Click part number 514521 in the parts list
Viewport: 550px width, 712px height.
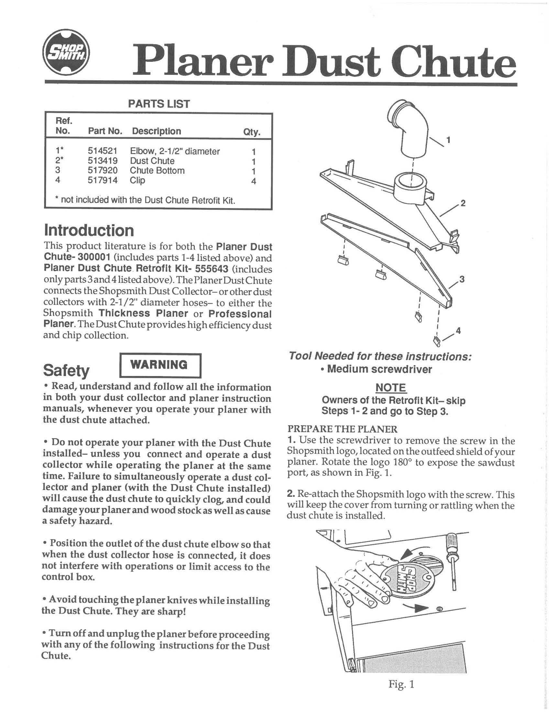(103, 151)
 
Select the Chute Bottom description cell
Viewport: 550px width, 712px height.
(157, 171)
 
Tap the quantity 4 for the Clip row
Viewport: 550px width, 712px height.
(254, 181)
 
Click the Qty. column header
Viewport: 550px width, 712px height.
(251, 132)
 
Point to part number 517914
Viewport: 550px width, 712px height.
(103, 180)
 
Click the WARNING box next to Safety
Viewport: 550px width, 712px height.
(159, 365)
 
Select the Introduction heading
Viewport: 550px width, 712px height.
(89, 230)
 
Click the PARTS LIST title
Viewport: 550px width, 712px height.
(159, 104)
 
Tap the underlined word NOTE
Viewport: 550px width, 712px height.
(391, 388)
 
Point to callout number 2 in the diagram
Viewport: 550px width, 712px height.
(463, 204)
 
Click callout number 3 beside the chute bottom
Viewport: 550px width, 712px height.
(462, 279)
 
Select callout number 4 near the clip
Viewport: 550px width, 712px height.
(458, 330)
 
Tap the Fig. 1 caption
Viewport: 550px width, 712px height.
(401, 684)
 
